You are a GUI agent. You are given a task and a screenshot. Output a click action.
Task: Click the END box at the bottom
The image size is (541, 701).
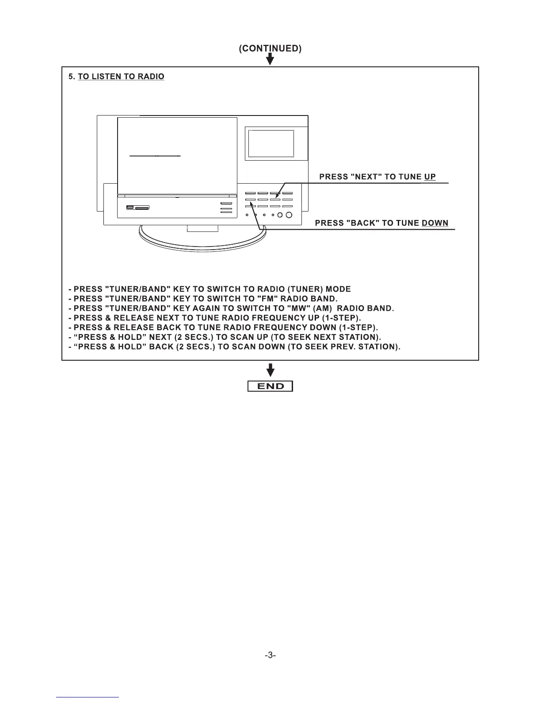click(270, 386)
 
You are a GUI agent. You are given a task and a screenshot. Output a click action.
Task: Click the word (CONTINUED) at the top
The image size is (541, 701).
click(270, 49)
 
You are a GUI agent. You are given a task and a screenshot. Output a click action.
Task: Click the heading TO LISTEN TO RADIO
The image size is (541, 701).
click(121, 77)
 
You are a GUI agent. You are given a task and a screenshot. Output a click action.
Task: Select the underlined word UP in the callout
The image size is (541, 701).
click(430, 177)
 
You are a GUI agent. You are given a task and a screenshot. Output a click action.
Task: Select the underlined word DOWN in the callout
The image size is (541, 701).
click(435, 223)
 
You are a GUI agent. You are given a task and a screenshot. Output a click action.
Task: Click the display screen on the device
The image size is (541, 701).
click(271, 143)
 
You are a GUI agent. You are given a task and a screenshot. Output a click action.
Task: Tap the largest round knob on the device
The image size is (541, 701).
click(289, 215)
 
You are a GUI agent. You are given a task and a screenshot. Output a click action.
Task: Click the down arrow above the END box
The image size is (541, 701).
click(270, 370)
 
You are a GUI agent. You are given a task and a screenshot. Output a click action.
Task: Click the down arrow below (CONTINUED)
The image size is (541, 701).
click(270, 60)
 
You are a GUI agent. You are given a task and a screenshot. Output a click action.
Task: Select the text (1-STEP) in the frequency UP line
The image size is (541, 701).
click(342, 318)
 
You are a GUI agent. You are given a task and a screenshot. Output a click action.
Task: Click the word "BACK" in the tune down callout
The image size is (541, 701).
click(364, 223)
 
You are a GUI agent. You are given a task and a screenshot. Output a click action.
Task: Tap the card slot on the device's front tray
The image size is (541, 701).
click(142, 207)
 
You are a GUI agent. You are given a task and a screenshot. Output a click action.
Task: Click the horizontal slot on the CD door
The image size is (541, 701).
click(155, 156)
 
